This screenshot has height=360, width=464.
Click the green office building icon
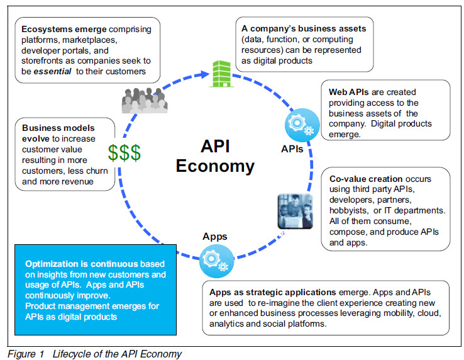pyautogui.click(x=221, y=74)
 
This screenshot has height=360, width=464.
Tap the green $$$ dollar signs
pyautogui.click(x=124, y=153)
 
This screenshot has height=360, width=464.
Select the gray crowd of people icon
pyautogui.click(x=145, y=101)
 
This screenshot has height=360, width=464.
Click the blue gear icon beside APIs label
pyautogui.click(x=302, y=125)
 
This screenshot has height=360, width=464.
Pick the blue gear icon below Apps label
pyautogui.click(x=217, y=261)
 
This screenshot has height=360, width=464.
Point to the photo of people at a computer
pyautogui.click(x=295, y=211)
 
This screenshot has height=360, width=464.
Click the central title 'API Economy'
pyautogui.click(x=215, y=156)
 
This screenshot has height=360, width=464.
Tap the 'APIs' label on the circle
pyautogui.click(x=292, y=149)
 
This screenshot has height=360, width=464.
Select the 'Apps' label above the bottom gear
pyautogui.click(x=215, y=237)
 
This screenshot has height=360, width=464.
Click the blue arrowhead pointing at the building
pyautogui.click(x=205, y=74)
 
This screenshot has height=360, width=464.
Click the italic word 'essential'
pyautogui.click(x=52, y=71)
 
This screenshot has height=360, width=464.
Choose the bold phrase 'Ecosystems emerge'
pyautogui.click(x=64, y=29)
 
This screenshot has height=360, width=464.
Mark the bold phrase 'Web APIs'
pyautogui.click(x=349, y=92)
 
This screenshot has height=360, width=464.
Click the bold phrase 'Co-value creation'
pyautogui.click(x=366, y=179)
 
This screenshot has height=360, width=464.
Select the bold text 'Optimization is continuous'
pyautogui.click(x=82, y=264)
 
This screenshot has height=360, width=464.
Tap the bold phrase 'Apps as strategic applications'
pyautogui.click(x=272, y=293)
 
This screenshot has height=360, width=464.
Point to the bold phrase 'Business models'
pyautogui.click(x=58, y=128)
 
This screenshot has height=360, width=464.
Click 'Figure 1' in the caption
pyautogui.click(x=26, y=354)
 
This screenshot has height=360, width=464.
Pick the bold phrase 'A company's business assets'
pyautogui.click(x=304, y=28)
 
